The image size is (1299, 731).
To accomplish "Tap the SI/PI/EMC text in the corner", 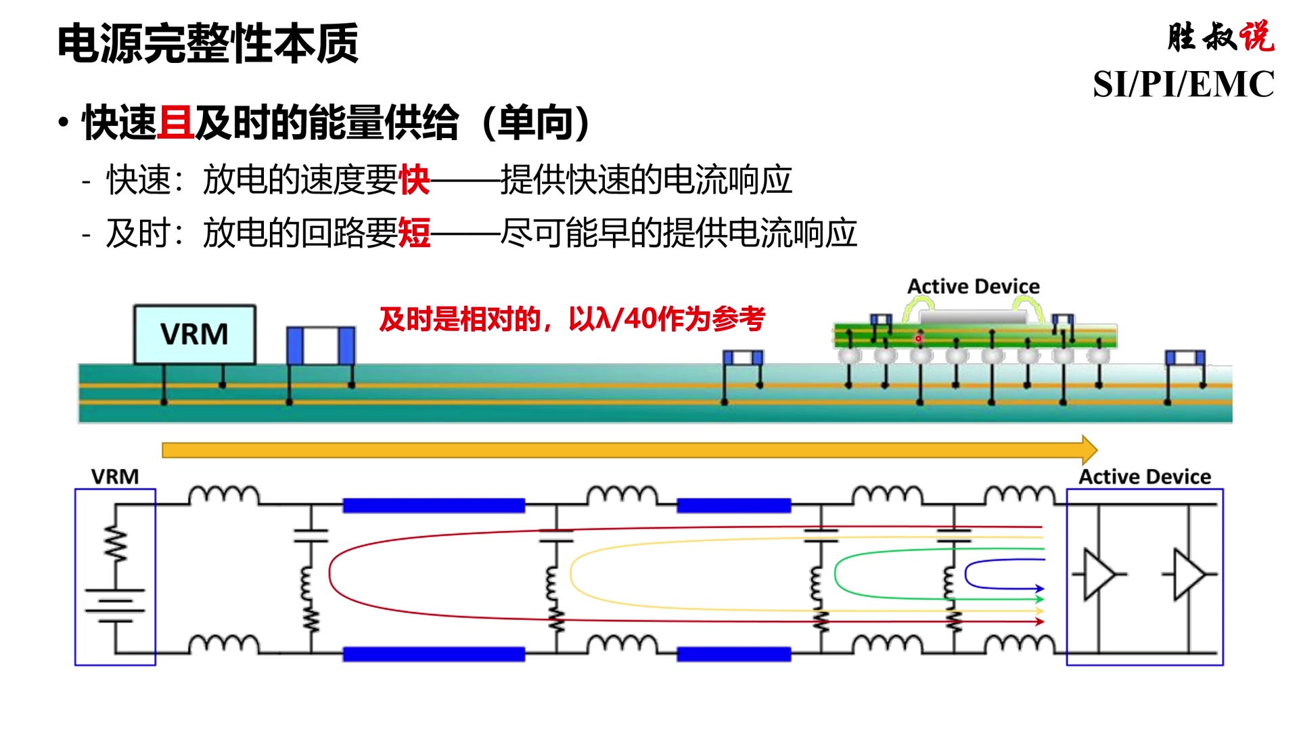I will coord(1183,85).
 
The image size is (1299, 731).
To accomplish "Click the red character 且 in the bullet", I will coord(175,123).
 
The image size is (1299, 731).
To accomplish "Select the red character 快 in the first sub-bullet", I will coord(414,180).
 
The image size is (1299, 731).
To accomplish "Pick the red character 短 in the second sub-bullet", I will coord(414,233).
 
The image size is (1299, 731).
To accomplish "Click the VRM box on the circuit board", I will coord(195,334).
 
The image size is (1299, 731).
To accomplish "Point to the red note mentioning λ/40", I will coord(572,319).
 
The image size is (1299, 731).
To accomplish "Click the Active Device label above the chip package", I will coord(973,286).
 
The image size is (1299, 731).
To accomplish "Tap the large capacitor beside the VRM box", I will coord(321,346).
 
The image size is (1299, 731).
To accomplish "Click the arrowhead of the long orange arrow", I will coord(1089,450).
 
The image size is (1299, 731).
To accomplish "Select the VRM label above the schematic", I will coord(115,477).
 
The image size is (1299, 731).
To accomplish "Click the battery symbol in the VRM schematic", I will coord(115,605).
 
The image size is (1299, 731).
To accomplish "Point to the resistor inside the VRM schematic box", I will coord(116,545).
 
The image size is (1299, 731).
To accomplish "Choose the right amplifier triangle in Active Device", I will coord(1189,575).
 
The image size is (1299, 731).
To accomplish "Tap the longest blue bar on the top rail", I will coord(434,506).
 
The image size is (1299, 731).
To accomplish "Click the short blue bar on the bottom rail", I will coord(734,654).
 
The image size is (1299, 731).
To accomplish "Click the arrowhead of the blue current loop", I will coord(1041,589).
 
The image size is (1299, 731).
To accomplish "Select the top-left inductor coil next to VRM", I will coord(223,496).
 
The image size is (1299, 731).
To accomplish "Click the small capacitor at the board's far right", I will coord(1185,358).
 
